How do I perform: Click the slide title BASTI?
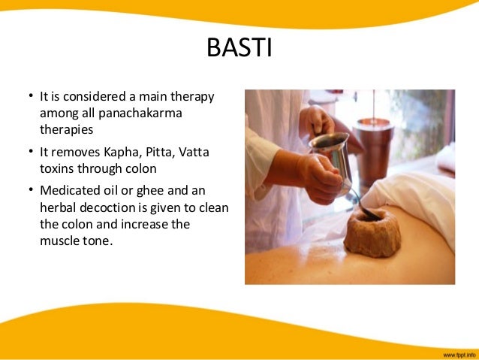pos(239,50)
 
